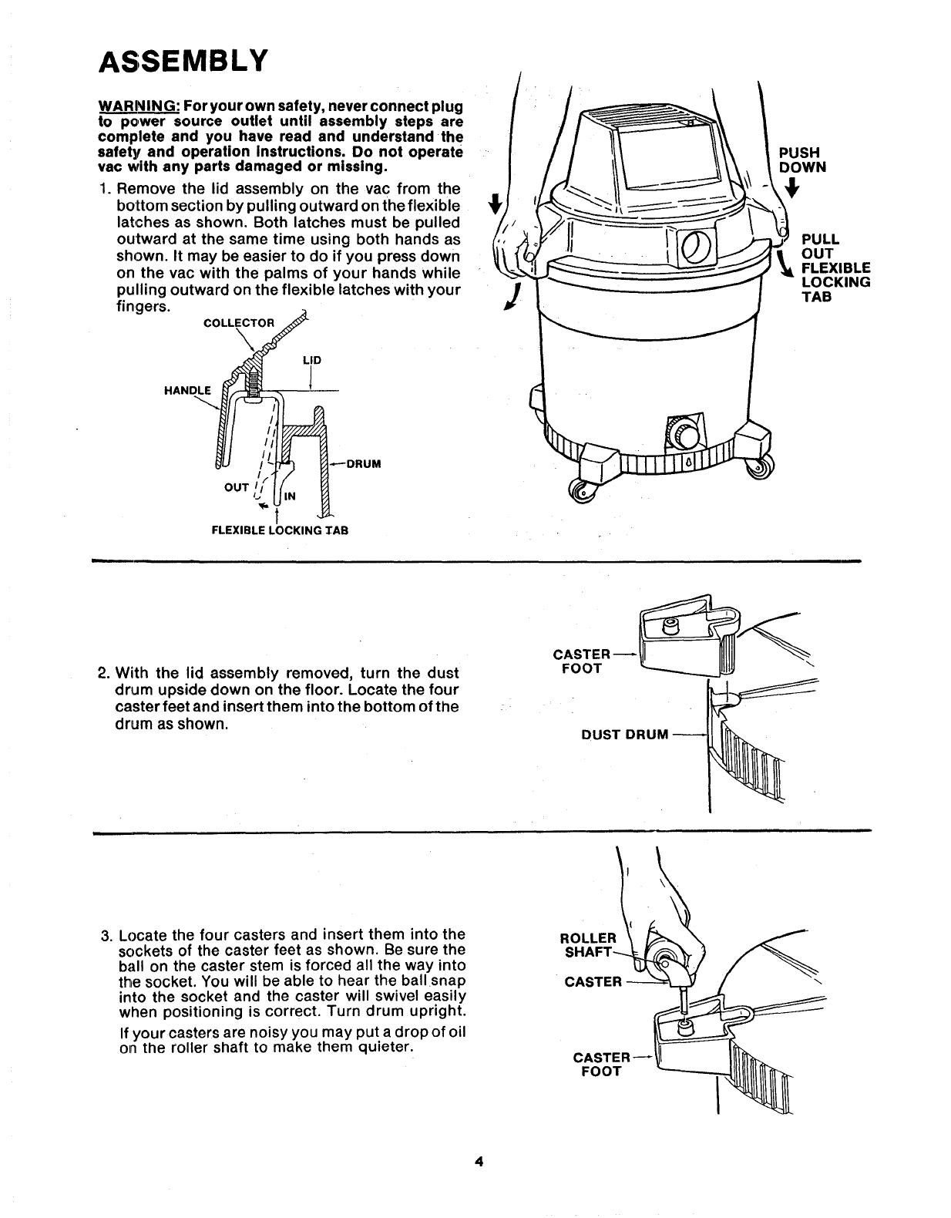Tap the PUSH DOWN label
[x=801, y=160]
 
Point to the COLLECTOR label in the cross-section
[x=237, y=322]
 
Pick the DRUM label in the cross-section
[x=364, y=464]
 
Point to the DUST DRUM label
[x=624, y=735]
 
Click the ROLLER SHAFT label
[x=587, y=944]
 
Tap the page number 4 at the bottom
[x=479, y=1162]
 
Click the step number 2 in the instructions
[x=103, y=673]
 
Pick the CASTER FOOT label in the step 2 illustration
[x=580, y=661]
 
